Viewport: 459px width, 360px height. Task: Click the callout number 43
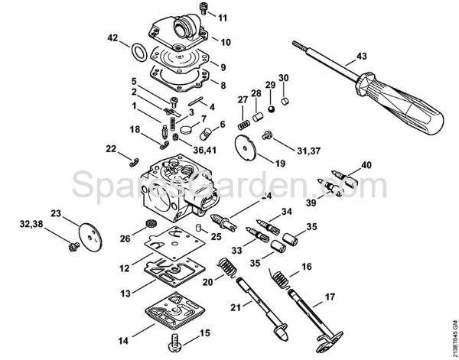362,56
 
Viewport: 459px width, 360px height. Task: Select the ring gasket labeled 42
138,52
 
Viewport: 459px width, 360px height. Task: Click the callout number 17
330,296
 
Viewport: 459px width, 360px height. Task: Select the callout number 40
366,165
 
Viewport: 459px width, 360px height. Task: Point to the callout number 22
111,148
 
